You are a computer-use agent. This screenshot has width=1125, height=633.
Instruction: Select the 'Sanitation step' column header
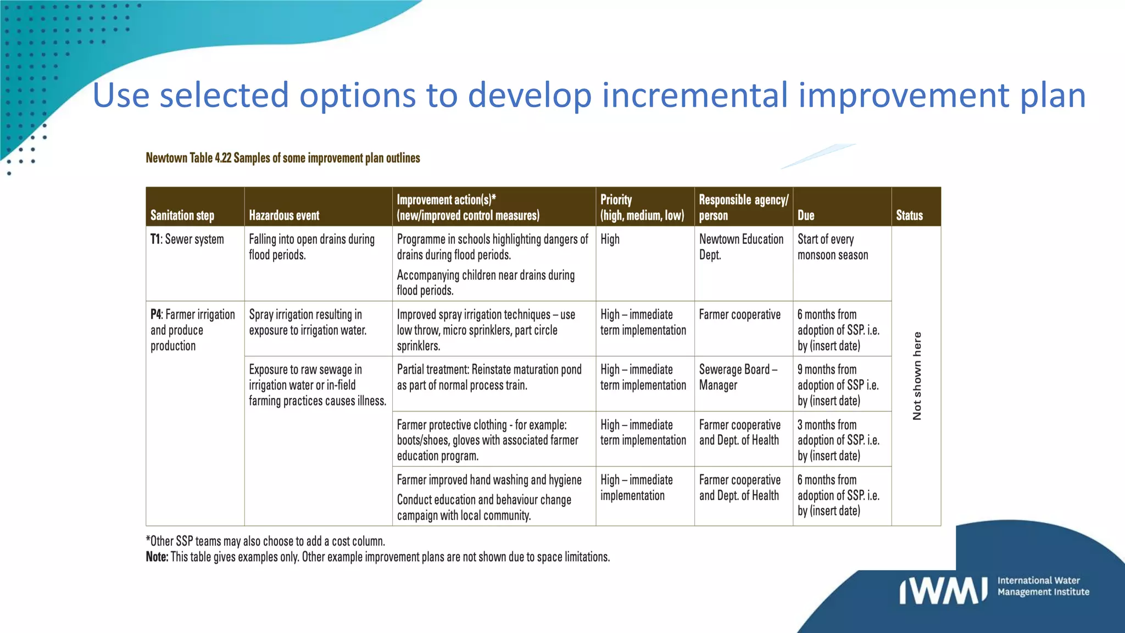tap(182, 215)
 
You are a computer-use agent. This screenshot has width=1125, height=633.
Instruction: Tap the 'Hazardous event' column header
tap(284, 215)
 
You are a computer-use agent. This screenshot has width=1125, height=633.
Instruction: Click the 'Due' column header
tap(806, 215)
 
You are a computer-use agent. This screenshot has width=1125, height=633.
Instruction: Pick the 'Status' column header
tap(909, 215)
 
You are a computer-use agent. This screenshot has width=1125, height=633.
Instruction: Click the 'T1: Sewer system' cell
tap(187, 240)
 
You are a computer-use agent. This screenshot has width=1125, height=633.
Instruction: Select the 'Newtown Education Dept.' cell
tap(741, 247)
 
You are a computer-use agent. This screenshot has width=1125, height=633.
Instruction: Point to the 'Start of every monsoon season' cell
tap(833, 247)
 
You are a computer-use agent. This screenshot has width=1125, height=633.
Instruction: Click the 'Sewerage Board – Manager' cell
tap(738, 377)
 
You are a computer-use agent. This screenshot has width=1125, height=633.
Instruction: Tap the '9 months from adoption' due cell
tap(838, 385)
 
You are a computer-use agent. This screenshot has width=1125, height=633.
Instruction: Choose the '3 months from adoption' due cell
tap(838, 440)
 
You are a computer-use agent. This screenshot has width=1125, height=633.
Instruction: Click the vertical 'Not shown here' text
tap(916, 376)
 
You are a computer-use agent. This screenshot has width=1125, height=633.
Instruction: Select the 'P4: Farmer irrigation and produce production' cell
tap(192, 330)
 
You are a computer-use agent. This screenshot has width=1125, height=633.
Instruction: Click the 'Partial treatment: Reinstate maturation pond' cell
tap(489, 377)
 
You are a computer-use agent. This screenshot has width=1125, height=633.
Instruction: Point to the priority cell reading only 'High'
tap(610, 240)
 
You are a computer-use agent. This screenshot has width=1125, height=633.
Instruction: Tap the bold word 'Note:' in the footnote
tap(157, 557)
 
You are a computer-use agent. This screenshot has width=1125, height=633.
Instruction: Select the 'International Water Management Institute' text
tap(1043, 586)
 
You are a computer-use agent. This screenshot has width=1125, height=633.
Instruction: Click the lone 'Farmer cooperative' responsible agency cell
tap(739, 315)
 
